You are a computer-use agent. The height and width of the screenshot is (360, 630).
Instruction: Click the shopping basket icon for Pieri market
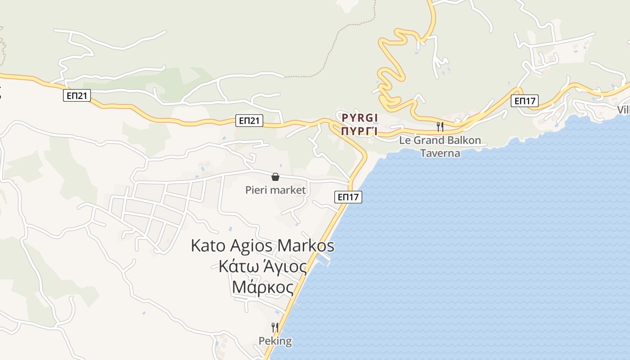point(275,177)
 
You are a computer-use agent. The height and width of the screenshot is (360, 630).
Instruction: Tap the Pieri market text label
point(275,190)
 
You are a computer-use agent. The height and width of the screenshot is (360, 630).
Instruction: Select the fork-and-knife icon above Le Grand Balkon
point(440,127)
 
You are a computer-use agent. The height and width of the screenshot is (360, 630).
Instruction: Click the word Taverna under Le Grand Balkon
point(440,153)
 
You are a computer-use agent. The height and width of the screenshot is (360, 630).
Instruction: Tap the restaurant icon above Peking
point(275,328)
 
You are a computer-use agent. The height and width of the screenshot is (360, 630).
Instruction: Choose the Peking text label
point(275,341)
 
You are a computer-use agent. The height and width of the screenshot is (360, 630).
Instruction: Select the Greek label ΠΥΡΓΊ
point(359,131)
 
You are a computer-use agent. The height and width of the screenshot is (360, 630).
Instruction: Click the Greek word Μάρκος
point(262,287)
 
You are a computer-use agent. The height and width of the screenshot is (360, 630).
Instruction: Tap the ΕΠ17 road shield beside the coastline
point(348,197)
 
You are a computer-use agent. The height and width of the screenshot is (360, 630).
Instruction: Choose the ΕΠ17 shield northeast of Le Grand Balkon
point(525,101)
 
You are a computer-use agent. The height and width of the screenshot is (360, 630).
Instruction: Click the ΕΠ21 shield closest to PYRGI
point(249,120)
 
